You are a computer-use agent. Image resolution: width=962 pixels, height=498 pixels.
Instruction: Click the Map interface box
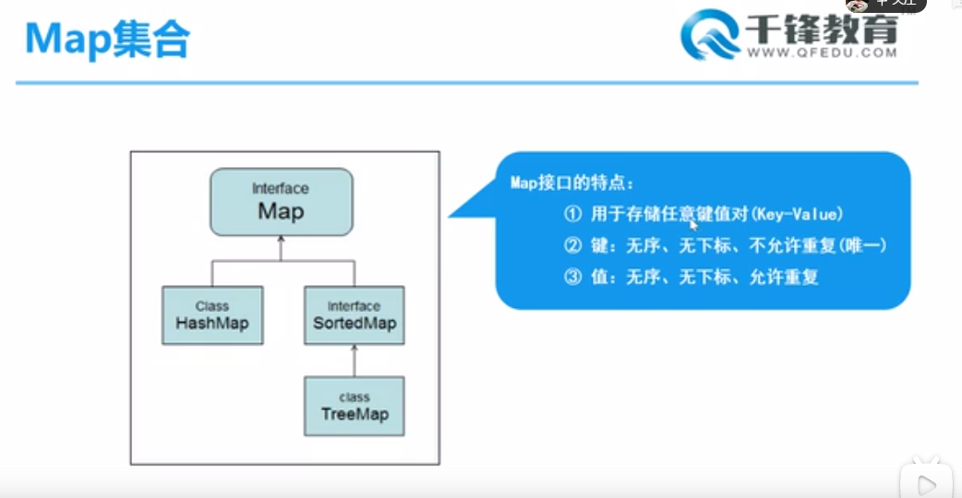(x=281, y=201)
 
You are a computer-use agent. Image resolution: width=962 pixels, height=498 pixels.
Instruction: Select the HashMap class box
(x=212, y=315)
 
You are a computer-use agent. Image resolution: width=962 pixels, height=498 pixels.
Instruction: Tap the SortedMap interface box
(x=354, y=315)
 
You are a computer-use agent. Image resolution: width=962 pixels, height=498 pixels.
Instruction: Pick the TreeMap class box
(x=355, y=406)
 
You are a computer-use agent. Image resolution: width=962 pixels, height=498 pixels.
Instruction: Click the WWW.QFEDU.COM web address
(x=821, y=53)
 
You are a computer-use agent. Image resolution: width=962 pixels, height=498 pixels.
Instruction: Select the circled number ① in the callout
(x=572, y=215)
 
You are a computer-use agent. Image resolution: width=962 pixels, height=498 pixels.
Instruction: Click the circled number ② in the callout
(x=572, y=246)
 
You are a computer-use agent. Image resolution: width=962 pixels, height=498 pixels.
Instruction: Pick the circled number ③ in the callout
(x=572, y=277)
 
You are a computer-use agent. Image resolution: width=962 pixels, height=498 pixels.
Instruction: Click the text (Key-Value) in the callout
(x=798, y=215)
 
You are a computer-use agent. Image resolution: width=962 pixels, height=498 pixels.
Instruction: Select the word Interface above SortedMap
(x=354, y=306)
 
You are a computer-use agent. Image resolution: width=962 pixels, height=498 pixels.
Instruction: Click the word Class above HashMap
(x=212, y=306)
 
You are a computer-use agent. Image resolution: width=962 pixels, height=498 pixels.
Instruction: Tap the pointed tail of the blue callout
(x=455, y=215)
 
